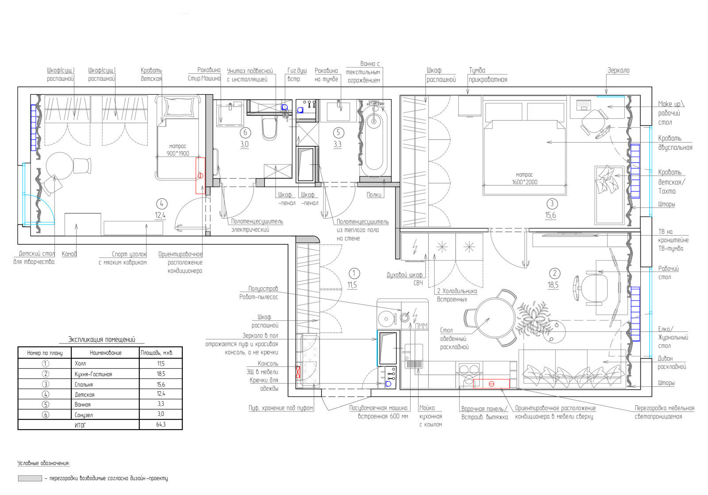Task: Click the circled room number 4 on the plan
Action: (x=162, y=204)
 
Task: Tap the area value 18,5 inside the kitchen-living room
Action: (x=553, y=285)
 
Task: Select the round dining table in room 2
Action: (x=495, y=318)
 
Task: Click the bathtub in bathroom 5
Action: (x=374, y=139)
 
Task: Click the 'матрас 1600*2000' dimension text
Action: (x=524, y=179)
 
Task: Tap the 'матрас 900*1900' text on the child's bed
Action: (x=177, y=150)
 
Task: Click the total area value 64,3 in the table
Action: (x=161, y=425)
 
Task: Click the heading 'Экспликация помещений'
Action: (x=102, y=340)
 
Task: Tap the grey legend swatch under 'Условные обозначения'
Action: (x=30, y=478)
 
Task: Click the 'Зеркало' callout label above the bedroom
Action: (x=618, y=70)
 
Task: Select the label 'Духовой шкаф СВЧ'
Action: (x=405, y=279)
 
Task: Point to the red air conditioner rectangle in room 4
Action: (x=200, y=175)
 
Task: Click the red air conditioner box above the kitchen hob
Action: (x=491, y=384)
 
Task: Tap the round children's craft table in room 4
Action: (x=60, y=166)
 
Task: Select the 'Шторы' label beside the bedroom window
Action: (x=666, y=204)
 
